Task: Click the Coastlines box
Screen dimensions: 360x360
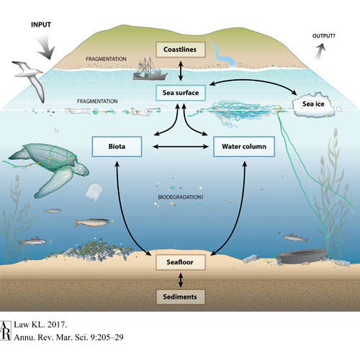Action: coord(181,50)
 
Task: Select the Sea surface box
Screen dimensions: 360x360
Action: coord(181,93)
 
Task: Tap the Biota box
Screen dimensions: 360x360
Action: coord(117,146)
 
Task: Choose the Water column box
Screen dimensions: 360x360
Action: coord(244,146)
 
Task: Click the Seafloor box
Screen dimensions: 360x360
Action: coord(181,262)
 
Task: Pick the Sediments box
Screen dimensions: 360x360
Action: coord(181,297)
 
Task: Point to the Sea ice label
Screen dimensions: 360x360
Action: coord(313,104)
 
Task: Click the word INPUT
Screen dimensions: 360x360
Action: coord(41,24)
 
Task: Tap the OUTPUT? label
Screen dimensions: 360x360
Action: coord(324,36)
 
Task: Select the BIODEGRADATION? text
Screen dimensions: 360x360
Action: coord(181,197)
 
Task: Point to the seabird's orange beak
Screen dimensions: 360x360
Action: coord(41,72)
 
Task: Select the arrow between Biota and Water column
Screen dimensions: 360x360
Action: coord(181,146)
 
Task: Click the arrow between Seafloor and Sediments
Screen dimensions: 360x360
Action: coord(181,280)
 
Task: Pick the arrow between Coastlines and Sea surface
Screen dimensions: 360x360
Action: coord(181,71)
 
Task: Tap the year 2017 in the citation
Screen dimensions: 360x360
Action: coord(57,325)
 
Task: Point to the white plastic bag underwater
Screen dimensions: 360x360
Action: coord(94,192)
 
